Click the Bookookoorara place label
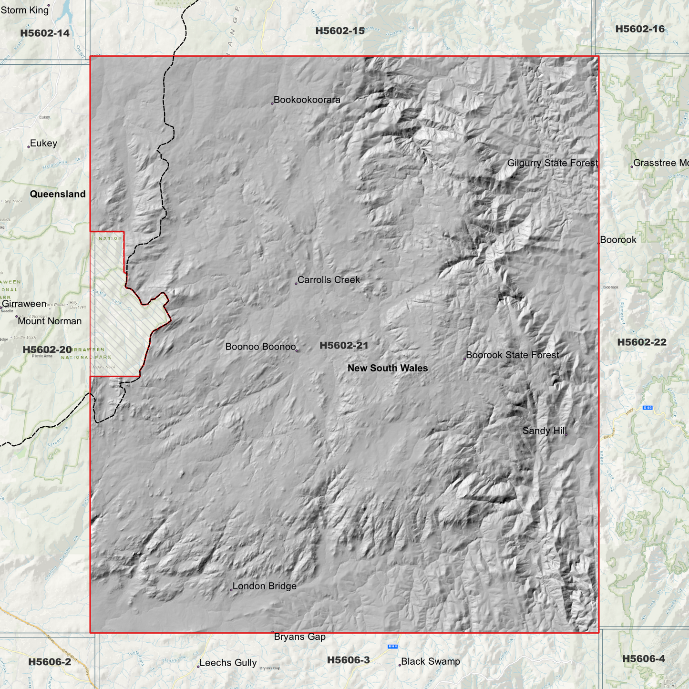point(307,100)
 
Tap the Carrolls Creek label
point(329,280)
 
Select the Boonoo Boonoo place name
point(260,347)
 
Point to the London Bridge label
point(264,586)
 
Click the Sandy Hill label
point(545,431)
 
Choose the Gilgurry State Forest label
point(552,163)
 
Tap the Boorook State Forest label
point(512,355)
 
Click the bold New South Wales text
point(388,368)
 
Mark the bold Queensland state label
point(58,194)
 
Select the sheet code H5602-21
point(344,345)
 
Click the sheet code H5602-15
point(340,31)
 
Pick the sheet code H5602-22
point(641,342)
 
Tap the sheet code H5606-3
point(348,660)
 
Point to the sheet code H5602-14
point(45,33)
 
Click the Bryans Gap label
point(299,637)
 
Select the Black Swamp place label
point(430,661)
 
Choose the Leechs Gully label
point(228,663)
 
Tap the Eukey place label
point(43,144)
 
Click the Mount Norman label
point(50,321)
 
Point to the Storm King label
point(25,10)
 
